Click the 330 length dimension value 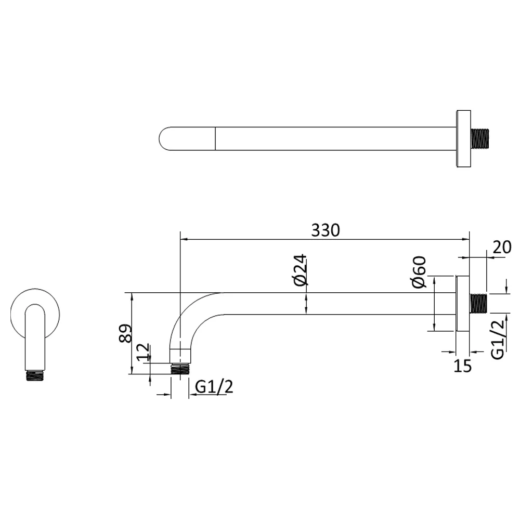[x=326, y=230]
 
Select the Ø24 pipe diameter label [x=301, y=270]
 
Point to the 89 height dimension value [x=125, y=333]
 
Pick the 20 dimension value [x=501, y=247]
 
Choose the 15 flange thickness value [x=462, y=366]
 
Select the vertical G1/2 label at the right [x=498, y=339]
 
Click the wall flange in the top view [x=463, y=139]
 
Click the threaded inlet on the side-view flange [x=479, y=304]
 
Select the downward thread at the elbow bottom [x=180, y=369]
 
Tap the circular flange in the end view [x=35, y=312]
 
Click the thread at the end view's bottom [x=35, y=375]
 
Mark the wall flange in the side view [x=463, y=304]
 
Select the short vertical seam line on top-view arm [x=215, y=139]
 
